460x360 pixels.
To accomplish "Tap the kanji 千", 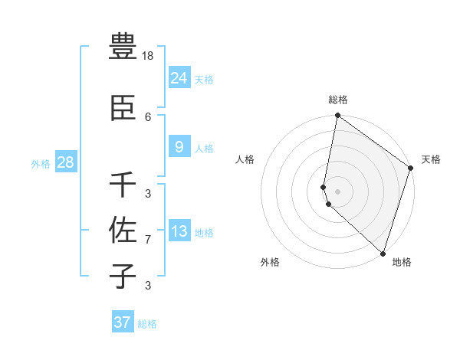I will click(123, 185).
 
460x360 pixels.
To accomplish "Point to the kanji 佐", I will click(123, 228).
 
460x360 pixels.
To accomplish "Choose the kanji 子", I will click(123, 275).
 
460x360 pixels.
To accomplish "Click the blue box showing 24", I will click(179, 78).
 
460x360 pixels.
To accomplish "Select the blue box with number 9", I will click(179, 147).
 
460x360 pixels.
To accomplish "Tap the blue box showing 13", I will click(179, 231).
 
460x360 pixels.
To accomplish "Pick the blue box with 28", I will click(65, 162).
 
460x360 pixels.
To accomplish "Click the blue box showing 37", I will click(122, 322).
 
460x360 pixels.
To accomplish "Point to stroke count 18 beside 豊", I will click(148, 55).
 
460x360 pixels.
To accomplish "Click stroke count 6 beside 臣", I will click(148, 116).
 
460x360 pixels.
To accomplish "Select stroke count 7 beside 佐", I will click(148, 240).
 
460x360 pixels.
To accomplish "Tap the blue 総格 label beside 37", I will click(147, 324).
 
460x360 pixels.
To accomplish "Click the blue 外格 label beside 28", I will click(40, 163).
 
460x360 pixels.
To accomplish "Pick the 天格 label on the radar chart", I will click(431, 159).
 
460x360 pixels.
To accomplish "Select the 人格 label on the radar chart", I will click(245, 159).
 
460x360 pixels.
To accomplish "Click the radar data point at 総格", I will click(337, 116).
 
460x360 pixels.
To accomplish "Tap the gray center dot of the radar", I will click(337, 191).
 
